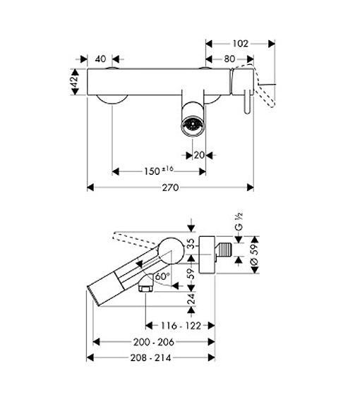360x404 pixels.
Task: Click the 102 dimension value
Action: (240, 44)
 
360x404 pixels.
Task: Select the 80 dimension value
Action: (229, 59)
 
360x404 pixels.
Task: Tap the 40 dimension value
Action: (100, 59)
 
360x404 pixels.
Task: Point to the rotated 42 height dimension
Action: (75, 82)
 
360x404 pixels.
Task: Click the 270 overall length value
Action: (170, 188)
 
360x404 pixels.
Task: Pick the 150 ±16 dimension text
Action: (159, 171)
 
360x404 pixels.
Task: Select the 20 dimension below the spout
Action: (199, 155)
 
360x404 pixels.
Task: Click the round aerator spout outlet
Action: (193, 126)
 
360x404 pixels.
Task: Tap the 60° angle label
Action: (162, 276)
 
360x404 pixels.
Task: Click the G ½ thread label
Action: (239, 221)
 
